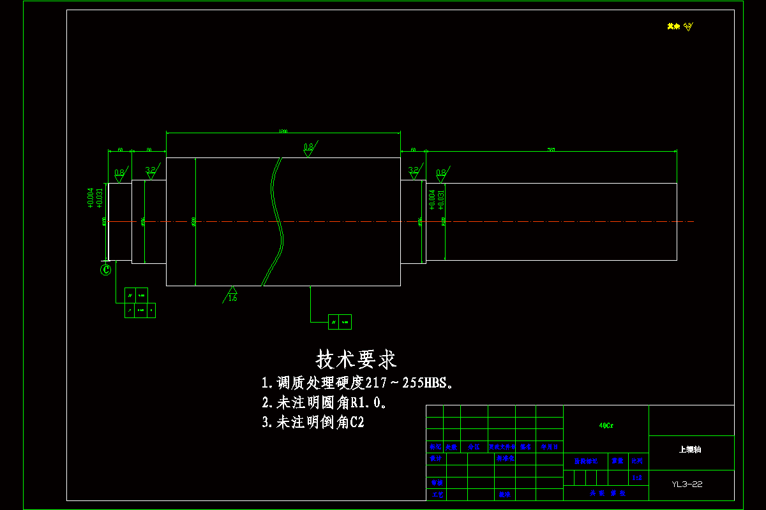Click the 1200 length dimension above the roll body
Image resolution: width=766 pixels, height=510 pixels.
click(283, 131)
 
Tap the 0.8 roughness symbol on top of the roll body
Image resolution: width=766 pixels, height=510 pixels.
click(309, 149)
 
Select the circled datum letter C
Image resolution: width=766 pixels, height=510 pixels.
click(106, 270)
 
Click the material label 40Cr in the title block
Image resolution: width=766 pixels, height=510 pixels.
click(606, 425)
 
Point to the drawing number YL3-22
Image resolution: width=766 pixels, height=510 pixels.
click(687, 484)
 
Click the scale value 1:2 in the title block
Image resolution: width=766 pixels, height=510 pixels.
click(636, 477)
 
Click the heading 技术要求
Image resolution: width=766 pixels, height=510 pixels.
click(356, 360)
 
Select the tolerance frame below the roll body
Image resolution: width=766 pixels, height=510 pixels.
click(339, 322)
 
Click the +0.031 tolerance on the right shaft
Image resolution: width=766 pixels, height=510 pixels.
click(440, 200)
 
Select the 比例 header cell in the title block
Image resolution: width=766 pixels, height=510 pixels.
click(636, 460)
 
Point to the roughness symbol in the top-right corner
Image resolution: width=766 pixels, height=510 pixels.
click(688, 27)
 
